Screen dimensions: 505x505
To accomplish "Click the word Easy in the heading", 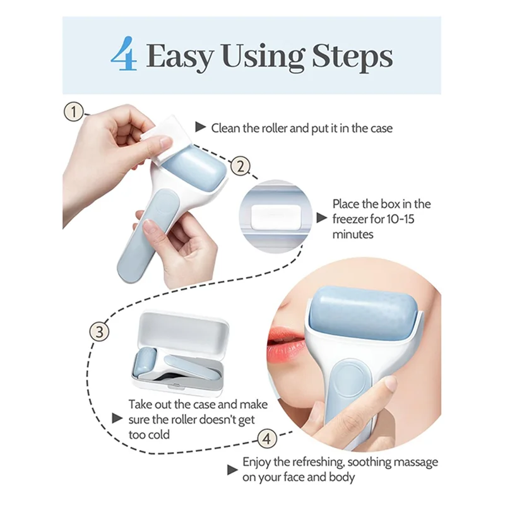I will (x=178, y=56).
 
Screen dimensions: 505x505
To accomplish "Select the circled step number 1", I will (x=75, y=113).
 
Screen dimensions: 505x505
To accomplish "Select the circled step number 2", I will (x=239, y=167).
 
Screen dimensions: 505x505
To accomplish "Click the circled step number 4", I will (x=268, y=437).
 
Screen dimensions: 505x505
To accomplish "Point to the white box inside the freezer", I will (x=274, y=217).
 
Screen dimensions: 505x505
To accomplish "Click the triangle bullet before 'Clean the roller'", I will (x=201, y=128).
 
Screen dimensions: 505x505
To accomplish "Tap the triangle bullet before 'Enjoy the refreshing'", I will (x=233, y=470).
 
